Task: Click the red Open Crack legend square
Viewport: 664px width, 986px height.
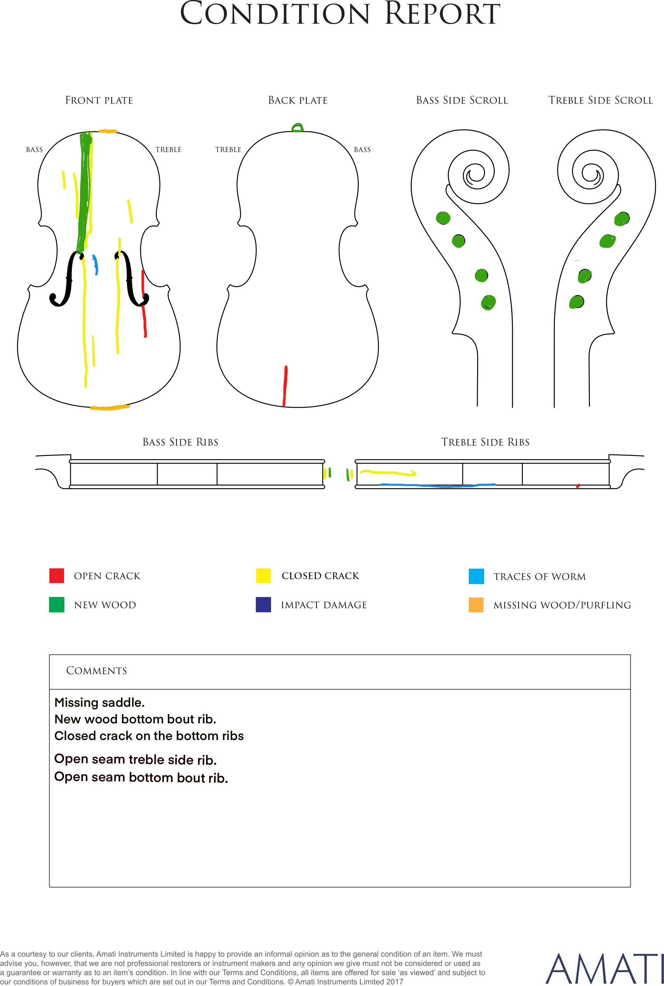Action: [57, 575]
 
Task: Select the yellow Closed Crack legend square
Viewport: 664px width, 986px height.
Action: [263, 575]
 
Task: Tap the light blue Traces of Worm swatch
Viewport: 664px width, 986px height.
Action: [476, 576]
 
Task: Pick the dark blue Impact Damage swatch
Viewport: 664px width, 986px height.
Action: [263, 605]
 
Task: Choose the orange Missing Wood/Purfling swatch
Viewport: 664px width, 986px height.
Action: [476, 605]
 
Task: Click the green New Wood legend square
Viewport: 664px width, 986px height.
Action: [57, 605]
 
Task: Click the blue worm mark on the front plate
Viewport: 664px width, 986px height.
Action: [96, 265]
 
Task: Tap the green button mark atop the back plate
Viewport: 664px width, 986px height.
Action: [298, 128]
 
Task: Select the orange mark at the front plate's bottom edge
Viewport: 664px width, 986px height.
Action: [110, 407]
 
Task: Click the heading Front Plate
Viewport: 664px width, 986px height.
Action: [99, 100]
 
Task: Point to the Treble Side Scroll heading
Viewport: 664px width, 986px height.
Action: [601, 100]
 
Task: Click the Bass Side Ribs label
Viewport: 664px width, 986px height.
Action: [180, 442]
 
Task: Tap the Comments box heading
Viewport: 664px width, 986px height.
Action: [97, 671]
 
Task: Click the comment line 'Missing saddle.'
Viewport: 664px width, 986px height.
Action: [99, 702]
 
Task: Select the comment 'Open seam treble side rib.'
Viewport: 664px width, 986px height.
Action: [136, 760]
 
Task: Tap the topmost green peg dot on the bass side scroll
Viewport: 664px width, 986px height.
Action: [443, 218]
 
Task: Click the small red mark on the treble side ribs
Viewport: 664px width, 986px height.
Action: [578, 485]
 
